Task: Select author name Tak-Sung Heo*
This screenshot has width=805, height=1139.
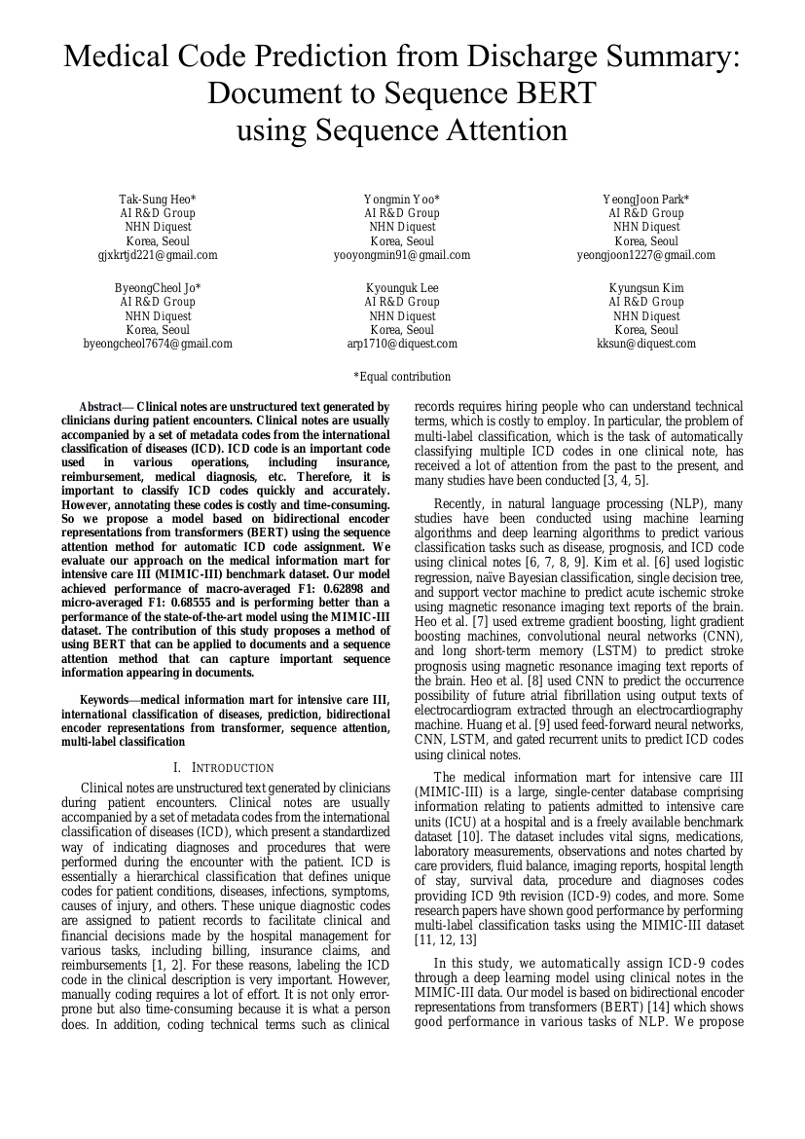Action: point(158,200)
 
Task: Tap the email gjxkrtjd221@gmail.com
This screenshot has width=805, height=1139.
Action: point(158,255)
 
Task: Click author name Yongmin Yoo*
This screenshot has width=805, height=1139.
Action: point(402,200)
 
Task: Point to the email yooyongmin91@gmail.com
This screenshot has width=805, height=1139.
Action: point(402,255)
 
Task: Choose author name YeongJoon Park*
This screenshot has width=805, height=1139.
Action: point(646,200)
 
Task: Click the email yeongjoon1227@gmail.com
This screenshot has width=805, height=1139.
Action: point(646,255)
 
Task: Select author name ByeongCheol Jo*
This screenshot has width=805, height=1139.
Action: point(158,288)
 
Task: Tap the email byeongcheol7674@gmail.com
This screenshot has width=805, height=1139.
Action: point(158,344)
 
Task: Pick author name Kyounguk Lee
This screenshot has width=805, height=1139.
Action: point(402,288)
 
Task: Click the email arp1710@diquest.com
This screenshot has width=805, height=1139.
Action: point(402,344)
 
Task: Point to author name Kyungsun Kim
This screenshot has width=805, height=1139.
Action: point(646,288)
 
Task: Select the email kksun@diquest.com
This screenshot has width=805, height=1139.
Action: point(646,344)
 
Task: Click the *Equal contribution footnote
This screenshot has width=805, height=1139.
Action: point(402,377)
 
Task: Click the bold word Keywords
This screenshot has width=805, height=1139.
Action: point(103,699)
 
